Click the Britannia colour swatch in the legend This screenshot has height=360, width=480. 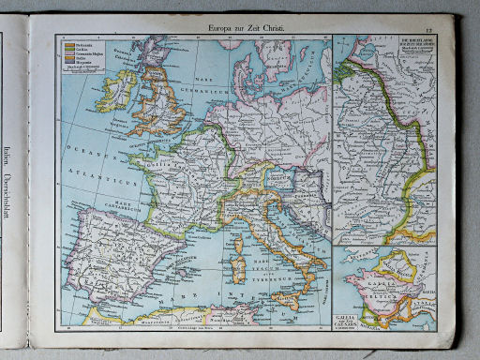coord(69,43)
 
